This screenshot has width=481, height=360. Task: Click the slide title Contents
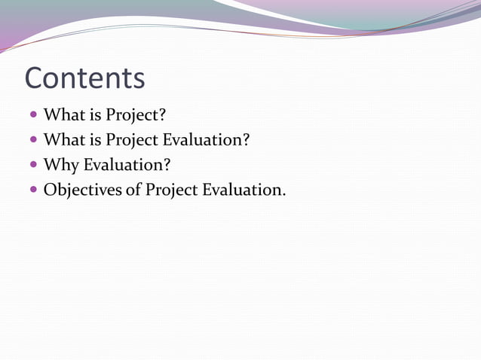[x=84, y=78]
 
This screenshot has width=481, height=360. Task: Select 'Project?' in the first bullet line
[x=136, y=117]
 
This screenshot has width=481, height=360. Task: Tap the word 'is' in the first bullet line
[x=95, y=116]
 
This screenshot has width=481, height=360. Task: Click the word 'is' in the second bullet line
[x=95, y=140]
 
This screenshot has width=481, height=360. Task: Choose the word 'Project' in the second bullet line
[x=132, y=141]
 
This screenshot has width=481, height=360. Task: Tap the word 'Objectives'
[x=82, y=190]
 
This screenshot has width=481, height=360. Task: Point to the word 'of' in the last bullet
[x=133, y=190]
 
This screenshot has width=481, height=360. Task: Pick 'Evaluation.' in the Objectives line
[x=244, y=190]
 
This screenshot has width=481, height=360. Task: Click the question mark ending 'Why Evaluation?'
[x=167, y=165]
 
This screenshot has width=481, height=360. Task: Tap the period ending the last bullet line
[x=283, y=194]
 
